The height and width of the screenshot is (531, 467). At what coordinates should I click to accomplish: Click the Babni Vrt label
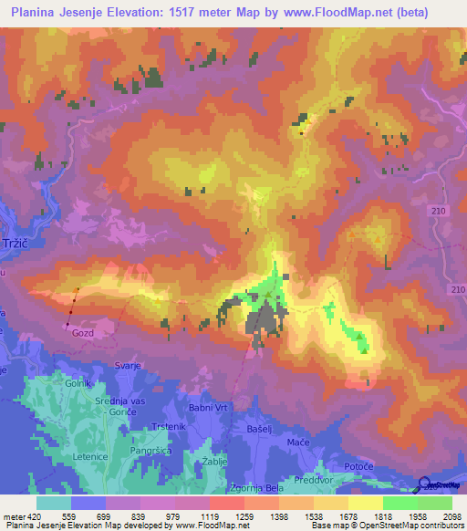tap(193, 383)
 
